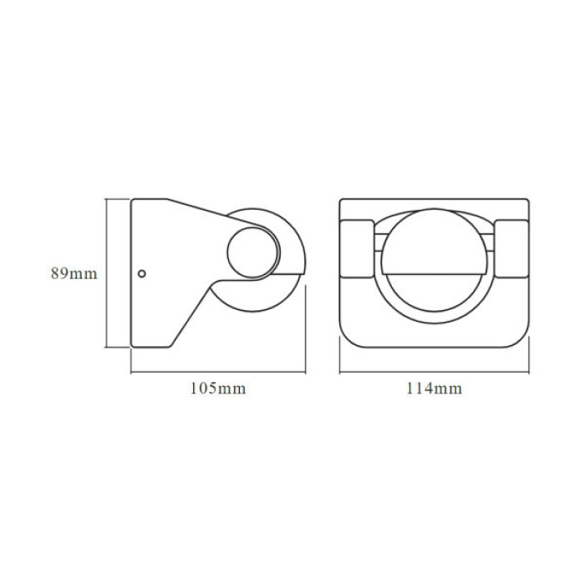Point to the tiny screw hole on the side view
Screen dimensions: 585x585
pyautogui.click(x=142, y=272)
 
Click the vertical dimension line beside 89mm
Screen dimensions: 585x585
pyautogui.click(x=105, y=273)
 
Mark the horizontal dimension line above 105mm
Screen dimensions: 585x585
pyautogui.click(x=216, y=372)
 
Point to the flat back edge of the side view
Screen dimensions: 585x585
pyautogui.click(x=132, y=273)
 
